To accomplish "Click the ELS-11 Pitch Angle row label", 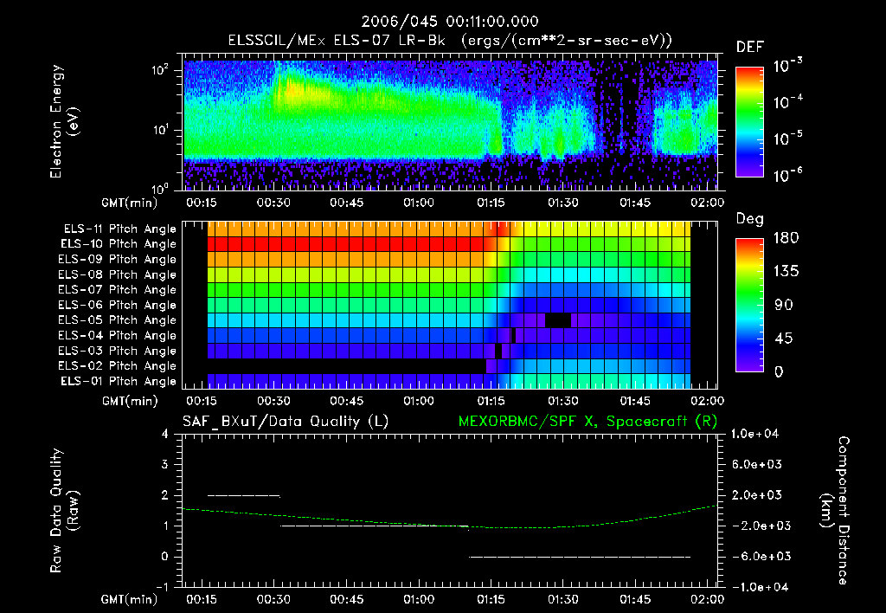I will pyautogui.click(x=119, y=229).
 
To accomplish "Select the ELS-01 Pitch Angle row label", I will pyautogui.click(x=119, y=381).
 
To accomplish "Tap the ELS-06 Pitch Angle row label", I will pyautogui.click(x=119, y=305).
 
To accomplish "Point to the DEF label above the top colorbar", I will pyautogui.click(x=749, y=48).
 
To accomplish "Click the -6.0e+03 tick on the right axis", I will pyautogui.click(x=757, y=556).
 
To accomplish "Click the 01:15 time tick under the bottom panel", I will pyautogui.click(x=491, y=599).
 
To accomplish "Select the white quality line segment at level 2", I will pyautogui.click(x=244, y=495).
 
